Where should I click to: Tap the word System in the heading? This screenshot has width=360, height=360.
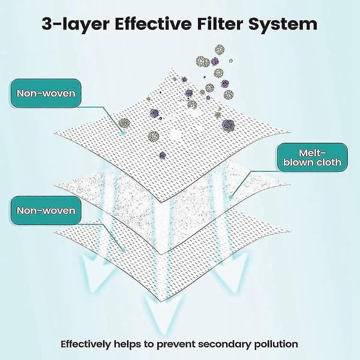pyautogui.click(x=283, y=25)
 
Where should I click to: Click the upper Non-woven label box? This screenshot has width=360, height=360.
pyautogui.click(x=46, y=93)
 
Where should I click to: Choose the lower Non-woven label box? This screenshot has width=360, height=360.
pyautogui.click(x=46, y=211)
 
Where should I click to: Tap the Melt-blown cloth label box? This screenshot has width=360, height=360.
pyautogui.click(x=312, y=157)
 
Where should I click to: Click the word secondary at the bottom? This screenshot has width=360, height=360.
pyautogui.click(x=220, y=344)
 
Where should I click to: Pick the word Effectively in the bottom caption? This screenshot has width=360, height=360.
pyautogui.click(x=85, y=344)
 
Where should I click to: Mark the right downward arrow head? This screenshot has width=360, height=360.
pyautogui.click(x=232, y=273)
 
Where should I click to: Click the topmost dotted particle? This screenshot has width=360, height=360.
pyautogui.click(x=220, y=50)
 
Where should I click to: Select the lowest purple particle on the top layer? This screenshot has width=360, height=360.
pyautogui.click(x=163, y=155)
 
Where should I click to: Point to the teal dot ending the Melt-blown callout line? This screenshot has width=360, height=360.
pyautogui.click(x=232, y=197)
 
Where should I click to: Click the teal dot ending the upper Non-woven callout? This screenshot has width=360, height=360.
pyautogui.click(x=123, y=133)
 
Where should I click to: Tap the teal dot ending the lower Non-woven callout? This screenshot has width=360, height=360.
pyautogui.click(x=123, y=250)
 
